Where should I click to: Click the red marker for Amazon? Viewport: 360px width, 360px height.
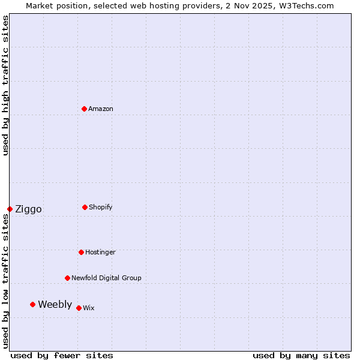[84, 109]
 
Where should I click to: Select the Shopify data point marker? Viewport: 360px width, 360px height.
[85, 207]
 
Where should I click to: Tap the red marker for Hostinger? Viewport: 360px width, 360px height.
[81, 252]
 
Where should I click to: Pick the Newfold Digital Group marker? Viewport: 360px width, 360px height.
[67, 278]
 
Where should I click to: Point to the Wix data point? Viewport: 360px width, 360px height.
[79, 308]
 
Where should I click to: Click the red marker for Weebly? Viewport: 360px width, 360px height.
[32, 304]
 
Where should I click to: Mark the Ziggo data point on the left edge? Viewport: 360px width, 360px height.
[10, 209]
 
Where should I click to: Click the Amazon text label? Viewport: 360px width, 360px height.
[101, 109]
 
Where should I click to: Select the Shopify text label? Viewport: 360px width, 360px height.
[101, 207]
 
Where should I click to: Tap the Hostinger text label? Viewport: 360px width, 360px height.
[100, 252]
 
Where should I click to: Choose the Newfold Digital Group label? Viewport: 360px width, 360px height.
[106, 278]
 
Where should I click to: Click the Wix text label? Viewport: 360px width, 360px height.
[89, 308]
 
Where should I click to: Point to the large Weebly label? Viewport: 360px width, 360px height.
[55, 304]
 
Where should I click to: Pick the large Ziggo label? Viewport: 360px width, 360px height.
[28, 209]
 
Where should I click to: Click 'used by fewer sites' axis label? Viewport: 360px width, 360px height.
[62, 355]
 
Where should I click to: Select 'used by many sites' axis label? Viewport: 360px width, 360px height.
[301, 355]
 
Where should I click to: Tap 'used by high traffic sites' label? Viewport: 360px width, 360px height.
[5, 85]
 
